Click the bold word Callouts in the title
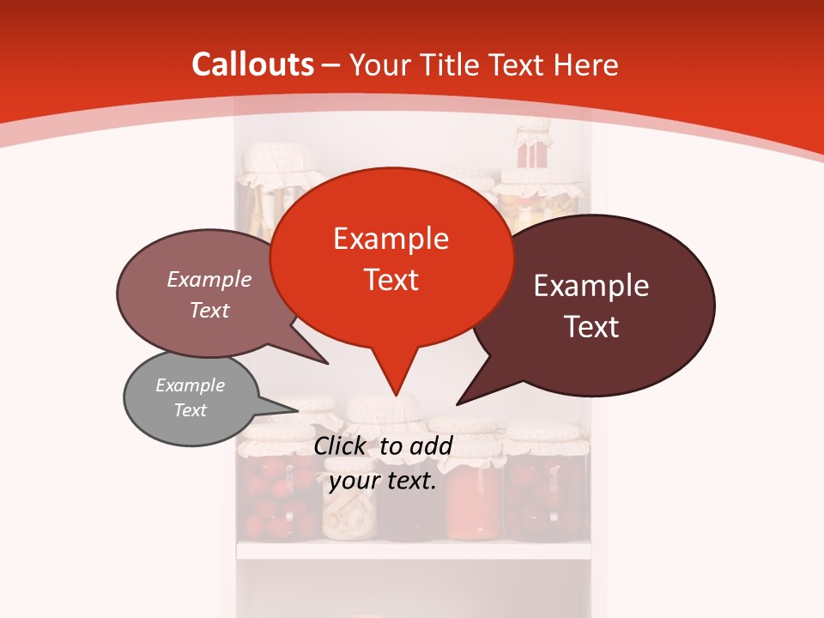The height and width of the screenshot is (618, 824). click(252, 64)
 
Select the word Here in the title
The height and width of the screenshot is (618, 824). click(587, 64)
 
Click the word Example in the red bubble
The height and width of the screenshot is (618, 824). click(391, 239)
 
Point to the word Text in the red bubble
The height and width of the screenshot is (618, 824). click(391, 280)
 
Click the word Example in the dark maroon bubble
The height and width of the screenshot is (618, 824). click(591, 286)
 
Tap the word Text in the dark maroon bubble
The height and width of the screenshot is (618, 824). click(591, 327)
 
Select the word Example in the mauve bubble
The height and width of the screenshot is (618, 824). click(209, 279)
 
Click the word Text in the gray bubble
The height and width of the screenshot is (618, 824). click(191, 410)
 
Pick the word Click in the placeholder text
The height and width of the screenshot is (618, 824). click(342, 445)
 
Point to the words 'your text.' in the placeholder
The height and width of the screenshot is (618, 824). click(383, 481)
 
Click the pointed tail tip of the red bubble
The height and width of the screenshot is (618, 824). click(396, 396)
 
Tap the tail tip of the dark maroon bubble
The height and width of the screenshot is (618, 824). click(457, 403)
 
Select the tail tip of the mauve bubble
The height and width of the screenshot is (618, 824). click(328, 364)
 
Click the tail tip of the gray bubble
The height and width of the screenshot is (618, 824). click(300, 411)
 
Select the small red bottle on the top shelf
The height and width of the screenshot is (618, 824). click(533, 150)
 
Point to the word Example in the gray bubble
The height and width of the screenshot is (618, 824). click(191, 385)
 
